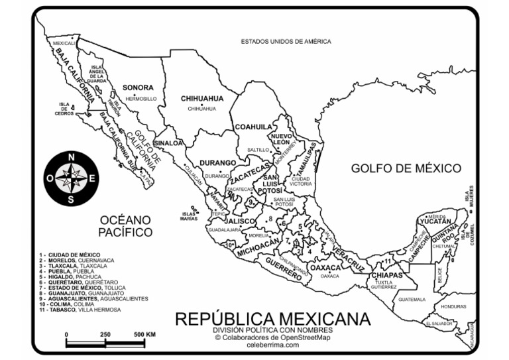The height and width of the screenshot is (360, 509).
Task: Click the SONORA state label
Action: coord(138,87)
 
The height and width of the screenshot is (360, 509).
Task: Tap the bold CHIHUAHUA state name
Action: coord(202,98)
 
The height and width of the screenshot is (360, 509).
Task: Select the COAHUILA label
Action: coord(253,126)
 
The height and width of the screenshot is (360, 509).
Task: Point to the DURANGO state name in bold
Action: coord(218,162)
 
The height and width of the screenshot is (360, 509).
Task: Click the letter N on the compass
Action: coord(72,157)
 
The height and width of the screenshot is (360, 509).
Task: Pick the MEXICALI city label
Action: coord(64,42)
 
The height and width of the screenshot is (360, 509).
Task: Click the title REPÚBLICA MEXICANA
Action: coord(272,319)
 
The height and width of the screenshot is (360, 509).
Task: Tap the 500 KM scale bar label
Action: coord(144,335)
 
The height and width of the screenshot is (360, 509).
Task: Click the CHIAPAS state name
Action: coord(387,274)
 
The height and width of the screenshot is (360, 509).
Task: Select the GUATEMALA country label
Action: coord(412,299)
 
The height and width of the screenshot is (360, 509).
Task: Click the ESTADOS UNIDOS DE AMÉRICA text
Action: coord(286,41)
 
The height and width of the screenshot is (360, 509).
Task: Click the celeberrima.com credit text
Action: coord(272,345)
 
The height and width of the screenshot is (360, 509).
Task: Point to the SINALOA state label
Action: coord(168,143)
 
